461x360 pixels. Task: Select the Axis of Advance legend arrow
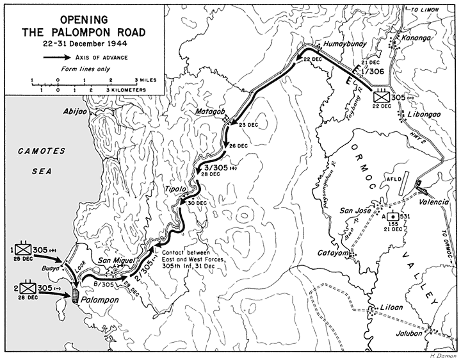coord(58,57)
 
